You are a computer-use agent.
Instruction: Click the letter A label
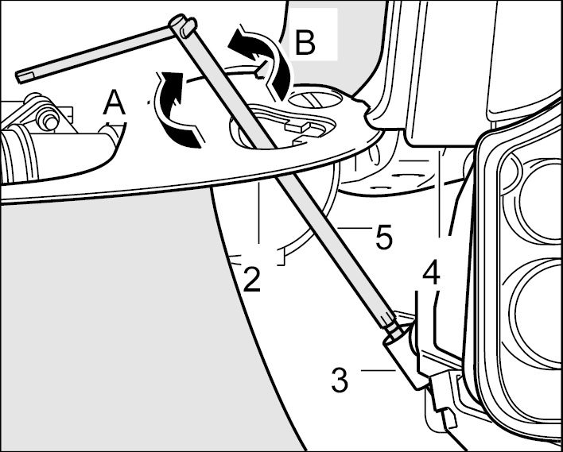pyautogui.click(x=115, y=102)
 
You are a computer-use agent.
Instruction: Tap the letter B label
pyautogui.click(x=304, y=43)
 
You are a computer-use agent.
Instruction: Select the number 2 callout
pyautogui.click(x=251, y=280)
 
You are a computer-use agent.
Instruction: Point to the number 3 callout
pyautogui.click(x=340, y=380)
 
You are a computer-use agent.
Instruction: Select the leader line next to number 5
pyautogui.click(x=354, y=230)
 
